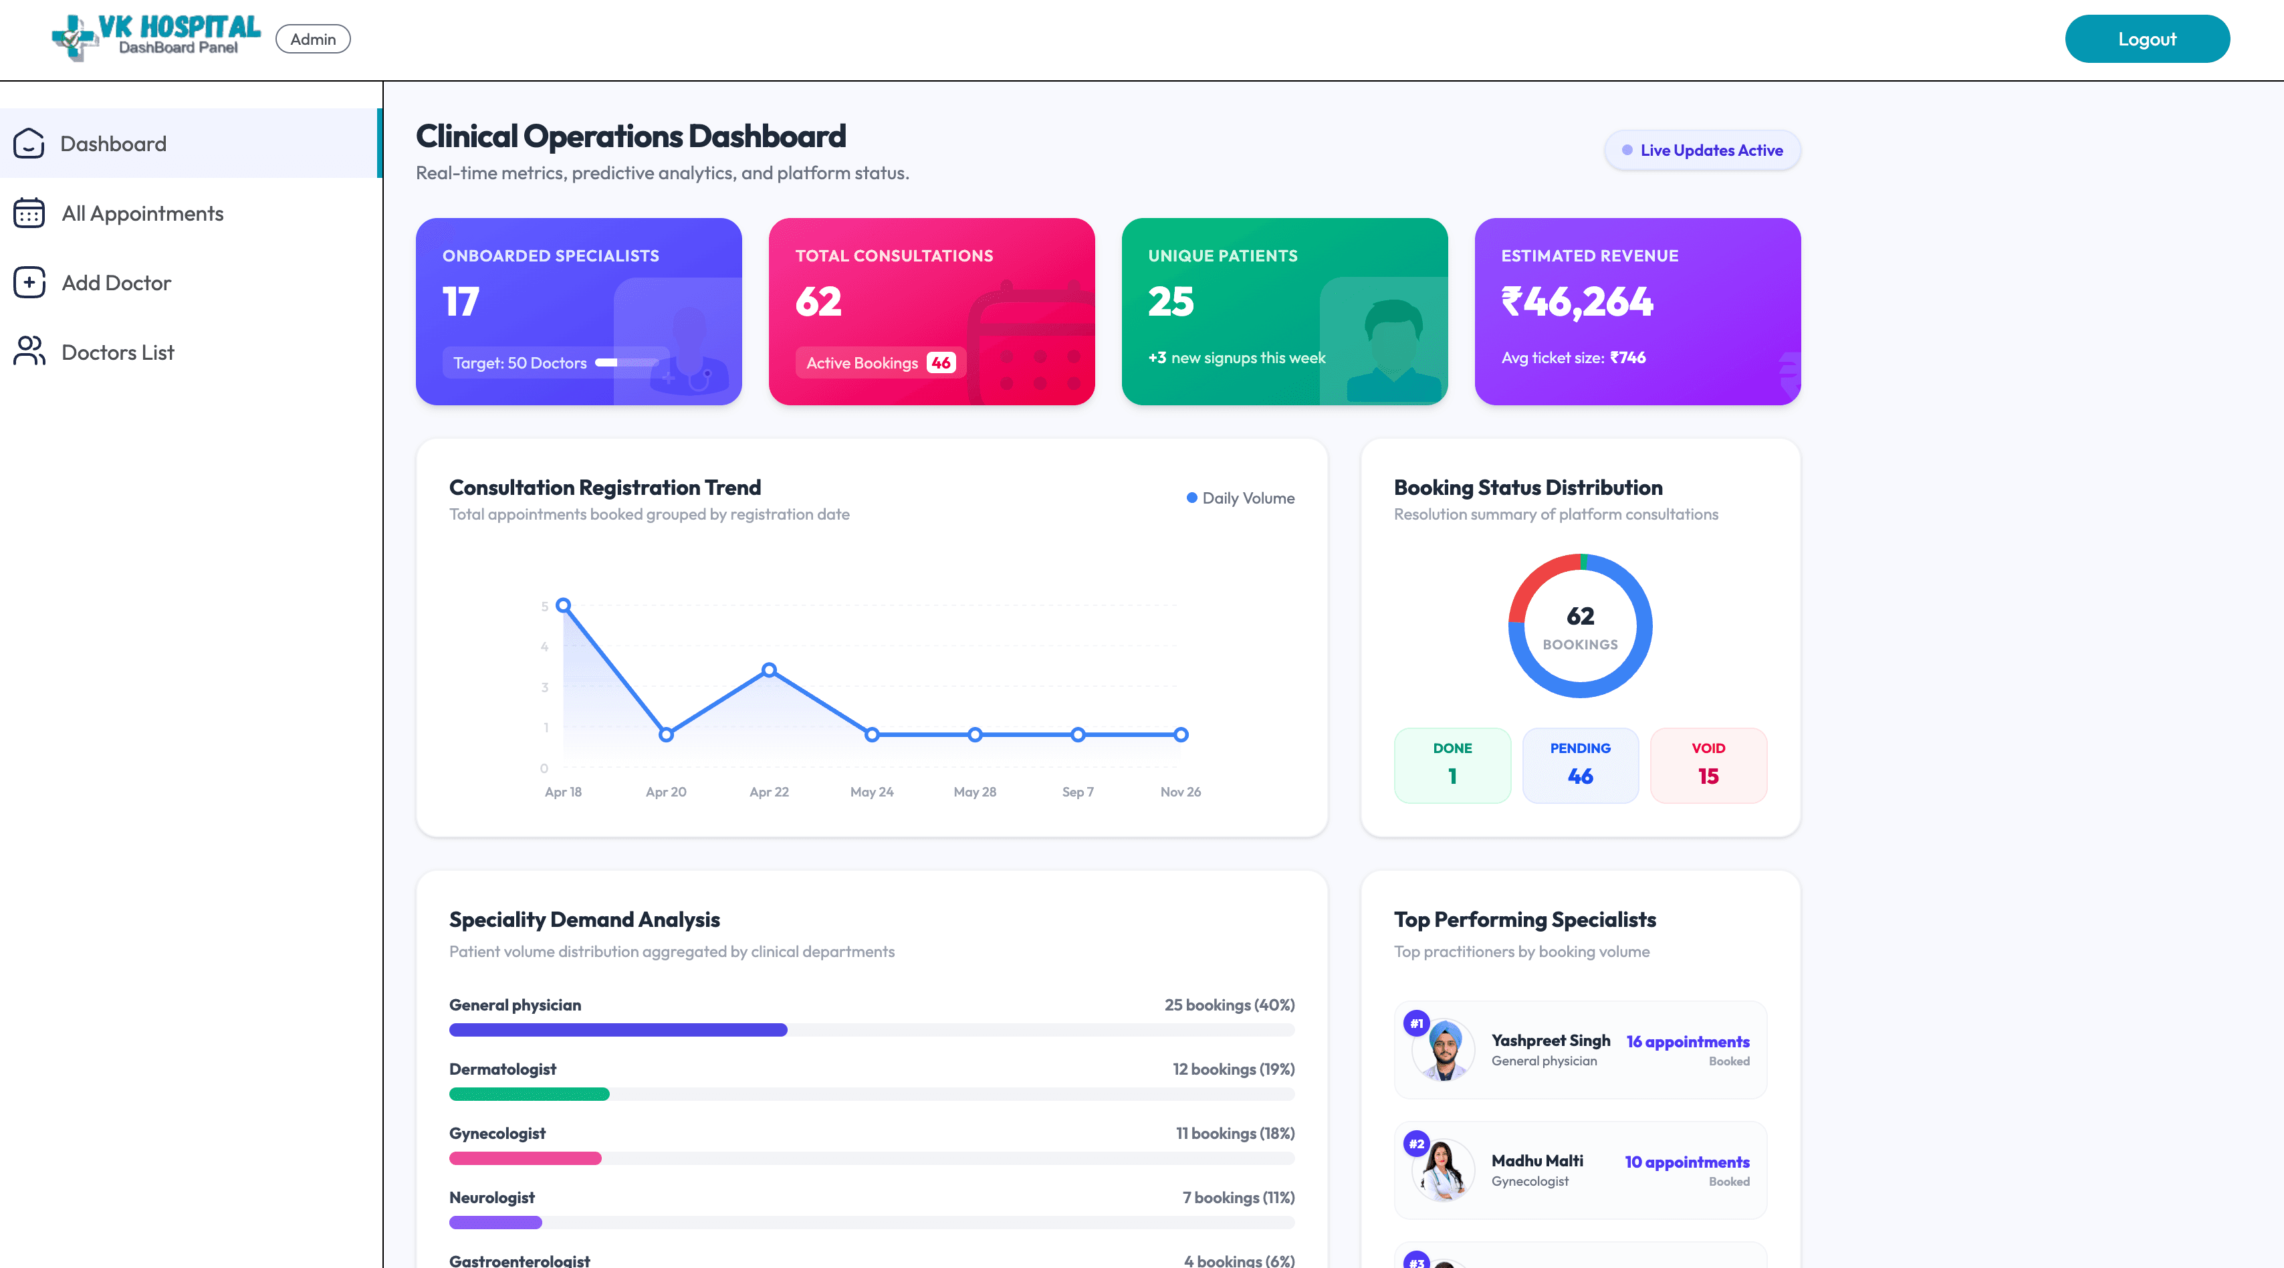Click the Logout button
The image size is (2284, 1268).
2146,39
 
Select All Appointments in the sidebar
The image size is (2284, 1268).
142,214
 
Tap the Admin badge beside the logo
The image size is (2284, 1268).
313,39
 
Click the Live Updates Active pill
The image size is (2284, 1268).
1702,150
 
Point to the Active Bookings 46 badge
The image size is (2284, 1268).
879,362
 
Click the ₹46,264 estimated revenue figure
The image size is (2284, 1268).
1577,302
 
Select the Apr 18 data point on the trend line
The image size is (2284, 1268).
563,606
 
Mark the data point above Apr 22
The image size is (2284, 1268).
770,670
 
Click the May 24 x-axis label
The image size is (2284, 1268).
872,792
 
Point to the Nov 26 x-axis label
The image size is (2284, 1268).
1180,792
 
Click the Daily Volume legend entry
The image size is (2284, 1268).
1240,498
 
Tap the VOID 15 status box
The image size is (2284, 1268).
1708,765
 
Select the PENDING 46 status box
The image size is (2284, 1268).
1580,765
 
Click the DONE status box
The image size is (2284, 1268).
1452,765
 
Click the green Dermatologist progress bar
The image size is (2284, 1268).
530,1094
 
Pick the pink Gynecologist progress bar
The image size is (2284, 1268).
525,1158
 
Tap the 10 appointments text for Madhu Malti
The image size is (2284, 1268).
1686,1162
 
